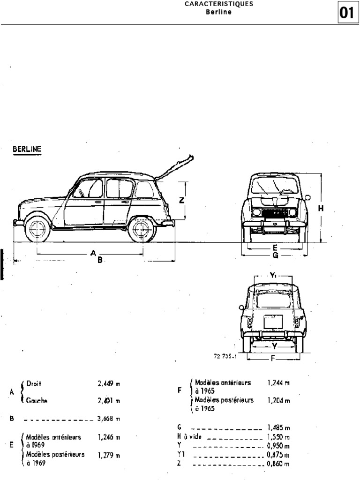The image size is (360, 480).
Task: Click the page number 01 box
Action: [347, 14]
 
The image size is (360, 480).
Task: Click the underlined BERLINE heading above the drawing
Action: [26, 149]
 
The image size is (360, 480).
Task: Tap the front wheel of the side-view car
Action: [37, 229]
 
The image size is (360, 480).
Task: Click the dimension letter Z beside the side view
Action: [182, 200]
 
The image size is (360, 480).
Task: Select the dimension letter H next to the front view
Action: [321, 209]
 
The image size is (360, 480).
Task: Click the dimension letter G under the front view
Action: [275, 255]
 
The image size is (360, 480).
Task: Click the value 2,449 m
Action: [109, 383]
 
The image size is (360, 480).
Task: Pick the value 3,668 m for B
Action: [109, 419]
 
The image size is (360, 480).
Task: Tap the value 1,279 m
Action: [109, 455]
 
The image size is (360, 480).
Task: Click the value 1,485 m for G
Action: [278, 427]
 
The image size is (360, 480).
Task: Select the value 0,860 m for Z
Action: [278, 464]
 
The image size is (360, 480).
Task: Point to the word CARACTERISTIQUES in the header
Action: [212, 4]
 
